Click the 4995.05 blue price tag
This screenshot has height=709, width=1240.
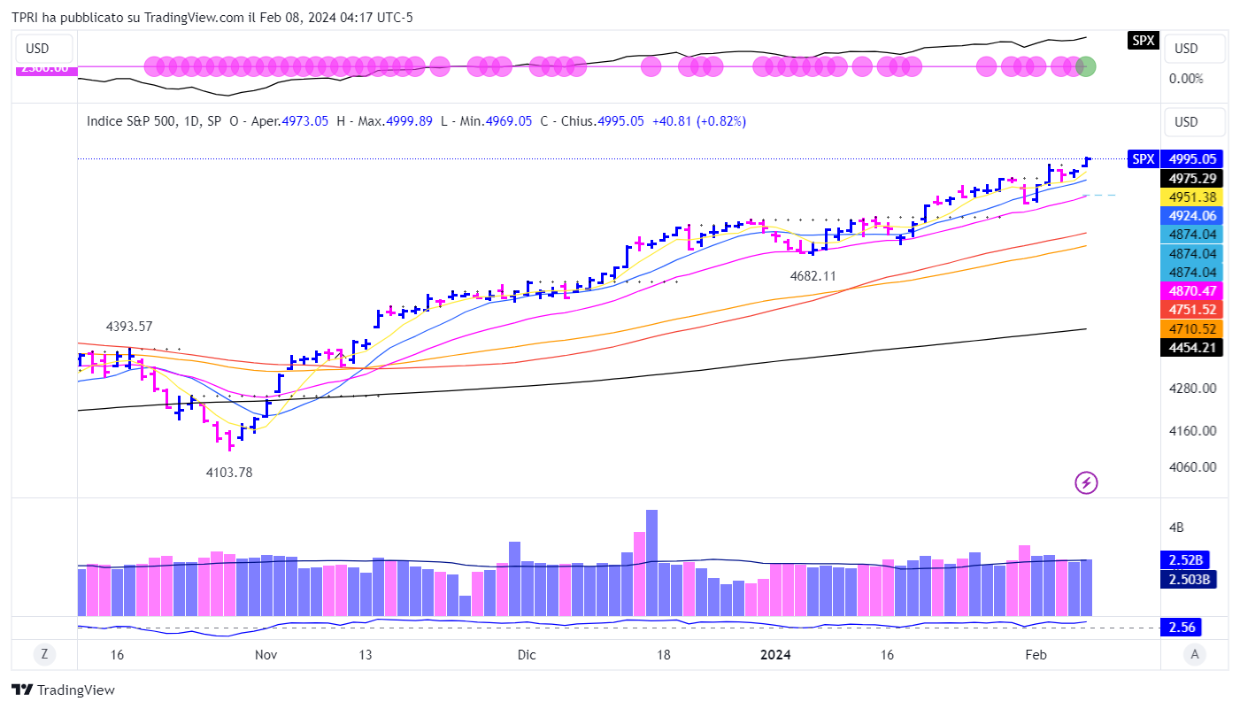coord(1190,159)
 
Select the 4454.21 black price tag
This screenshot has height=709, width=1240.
coord(1190,348)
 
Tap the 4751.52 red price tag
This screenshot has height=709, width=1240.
coord(1190,310)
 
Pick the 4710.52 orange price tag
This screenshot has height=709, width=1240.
coord(1190,328)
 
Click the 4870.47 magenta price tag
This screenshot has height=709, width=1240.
coord(1190,290)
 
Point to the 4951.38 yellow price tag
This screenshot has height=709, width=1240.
coord(1190,197)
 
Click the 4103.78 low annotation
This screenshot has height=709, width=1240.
coord(229,473)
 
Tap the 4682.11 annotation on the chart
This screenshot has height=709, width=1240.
coord(813,276)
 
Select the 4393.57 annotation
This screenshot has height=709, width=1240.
coord(129,326)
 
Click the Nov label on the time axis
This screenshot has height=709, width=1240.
coord(266,655)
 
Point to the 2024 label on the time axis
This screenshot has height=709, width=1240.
coord(776,655)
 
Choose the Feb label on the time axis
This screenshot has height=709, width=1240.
coord(1036,655)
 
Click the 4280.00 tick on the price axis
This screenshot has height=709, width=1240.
coord(1190,389)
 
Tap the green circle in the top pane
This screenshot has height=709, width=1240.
coord(1086,66)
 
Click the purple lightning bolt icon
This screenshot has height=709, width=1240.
coord(1086,482)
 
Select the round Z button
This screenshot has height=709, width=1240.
coord(42,655)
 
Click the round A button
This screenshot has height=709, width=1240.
coord(1195,655)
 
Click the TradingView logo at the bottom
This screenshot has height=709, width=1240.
coord(64,690)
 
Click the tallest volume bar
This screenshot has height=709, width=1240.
coord(652,562)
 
